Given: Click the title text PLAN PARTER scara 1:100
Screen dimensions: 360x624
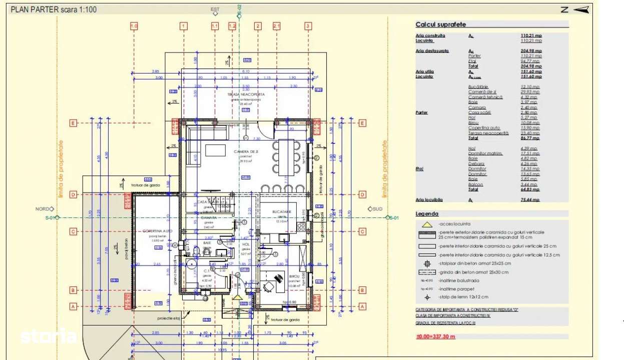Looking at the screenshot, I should coord(54,9).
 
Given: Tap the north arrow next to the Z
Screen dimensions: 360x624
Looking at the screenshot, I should coord(580,9).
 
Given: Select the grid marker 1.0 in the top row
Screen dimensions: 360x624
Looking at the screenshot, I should coord(134,26).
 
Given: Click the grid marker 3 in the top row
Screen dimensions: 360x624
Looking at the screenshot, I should coord(308,26).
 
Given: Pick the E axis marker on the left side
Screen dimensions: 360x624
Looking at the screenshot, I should coord(73,123).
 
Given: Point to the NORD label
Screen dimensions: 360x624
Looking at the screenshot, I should coord(42,209).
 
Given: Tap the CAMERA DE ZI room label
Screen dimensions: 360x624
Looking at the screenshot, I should coord(245,151).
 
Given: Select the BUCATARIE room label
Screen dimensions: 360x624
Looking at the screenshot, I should coord(282,212).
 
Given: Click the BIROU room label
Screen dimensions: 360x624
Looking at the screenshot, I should coord(293,275).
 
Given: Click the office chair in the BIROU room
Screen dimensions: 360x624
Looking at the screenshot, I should coord(268,286).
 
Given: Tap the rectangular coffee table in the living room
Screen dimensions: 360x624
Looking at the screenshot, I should coord(216,150).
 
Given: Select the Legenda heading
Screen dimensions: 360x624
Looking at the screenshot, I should coord(427,213).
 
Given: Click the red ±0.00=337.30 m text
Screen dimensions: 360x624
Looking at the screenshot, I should coord(435,336).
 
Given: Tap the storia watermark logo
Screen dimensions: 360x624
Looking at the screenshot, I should coord(48,335).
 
